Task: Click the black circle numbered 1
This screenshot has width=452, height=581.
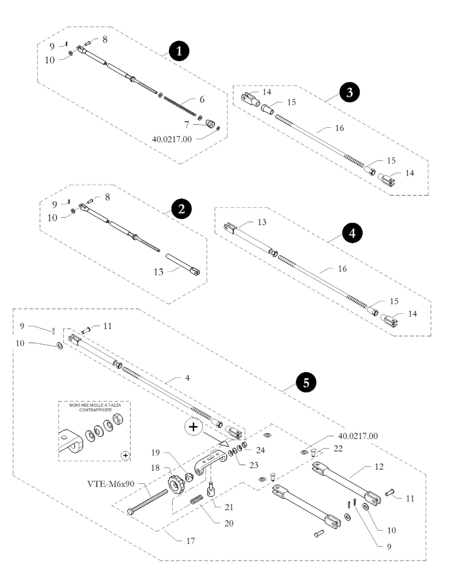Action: (x=179, y=51)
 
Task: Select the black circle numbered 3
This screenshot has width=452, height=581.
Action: (x=350, y=92)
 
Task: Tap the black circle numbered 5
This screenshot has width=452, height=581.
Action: (x=306, y=383)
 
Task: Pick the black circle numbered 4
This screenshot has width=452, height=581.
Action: (x=352, y=233)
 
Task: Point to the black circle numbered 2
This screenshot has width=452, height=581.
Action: (x=181, y=209)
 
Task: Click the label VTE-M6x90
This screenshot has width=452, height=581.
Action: (x=111, y=484)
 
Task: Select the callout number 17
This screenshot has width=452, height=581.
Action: (x=191, y=541)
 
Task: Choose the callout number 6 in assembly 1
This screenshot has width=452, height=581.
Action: (x=202, y=99)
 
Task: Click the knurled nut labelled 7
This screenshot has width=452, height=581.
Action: (x=210, y=124)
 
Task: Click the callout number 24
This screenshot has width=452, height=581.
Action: (x=260, y=450)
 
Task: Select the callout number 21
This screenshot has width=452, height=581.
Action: (x=229, y=507)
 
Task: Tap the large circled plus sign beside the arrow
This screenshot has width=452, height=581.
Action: (x=193, y=427)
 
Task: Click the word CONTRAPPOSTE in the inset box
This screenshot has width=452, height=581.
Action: (x=95, y=410)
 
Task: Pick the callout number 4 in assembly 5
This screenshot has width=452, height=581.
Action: (x=187, y=378)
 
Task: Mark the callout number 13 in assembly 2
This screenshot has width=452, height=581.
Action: (x=158, y=272)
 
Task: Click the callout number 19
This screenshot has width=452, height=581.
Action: (x=156, y=453)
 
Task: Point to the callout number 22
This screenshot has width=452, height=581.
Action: (x=338, y=448)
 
